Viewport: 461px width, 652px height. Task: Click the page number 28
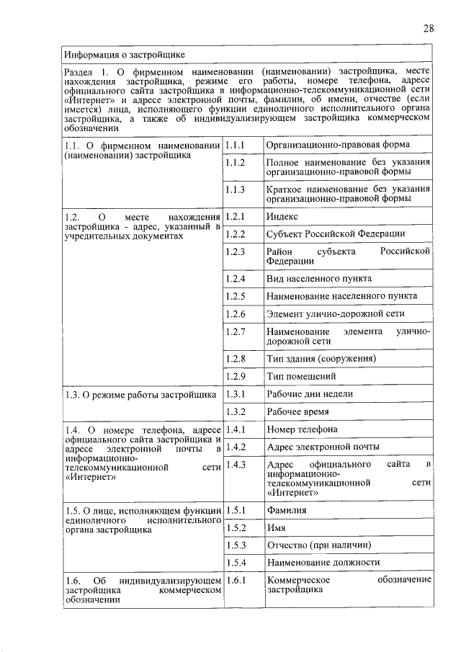428,28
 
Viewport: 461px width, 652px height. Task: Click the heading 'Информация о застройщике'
124,55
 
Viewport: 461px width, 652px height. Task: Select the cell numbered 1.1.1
236,145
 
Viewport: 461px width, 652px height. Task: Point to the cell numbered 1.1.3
236,189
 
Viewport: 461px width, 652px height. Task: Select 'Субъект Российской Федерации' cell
335,234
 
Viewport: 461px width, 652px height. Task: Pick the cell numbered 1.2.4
236,278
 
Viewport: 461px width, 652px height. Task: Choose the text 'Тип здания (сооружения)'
321,358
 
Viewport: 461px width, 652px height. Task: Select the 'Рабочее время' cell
297,412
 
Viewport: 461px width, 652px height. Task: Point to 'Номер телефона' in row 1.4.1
302,429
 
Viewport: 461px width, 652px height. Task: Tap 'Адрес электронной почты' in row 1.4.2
323,447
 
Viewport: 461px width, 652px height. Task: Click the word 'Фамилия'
286,510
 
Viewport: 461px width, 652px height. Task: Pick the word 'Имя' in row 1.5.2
276,527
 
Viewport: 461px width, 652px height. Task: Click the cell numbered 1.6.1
236,580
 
